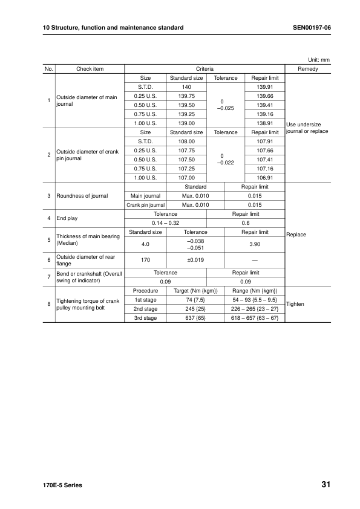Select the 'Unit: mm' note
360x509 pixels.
(x=318, y=60)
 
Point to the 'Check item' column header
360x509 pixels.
(x=90, y=70)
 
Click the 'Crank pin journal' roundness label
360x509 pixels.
(x=145, y=205)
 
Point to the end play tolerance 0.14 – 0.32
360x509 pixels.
(x=165, y=223)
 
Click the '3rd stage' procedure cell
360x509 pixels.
(x=145, y=318)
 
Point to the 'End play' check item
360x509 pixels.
(x=67, y=218)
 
